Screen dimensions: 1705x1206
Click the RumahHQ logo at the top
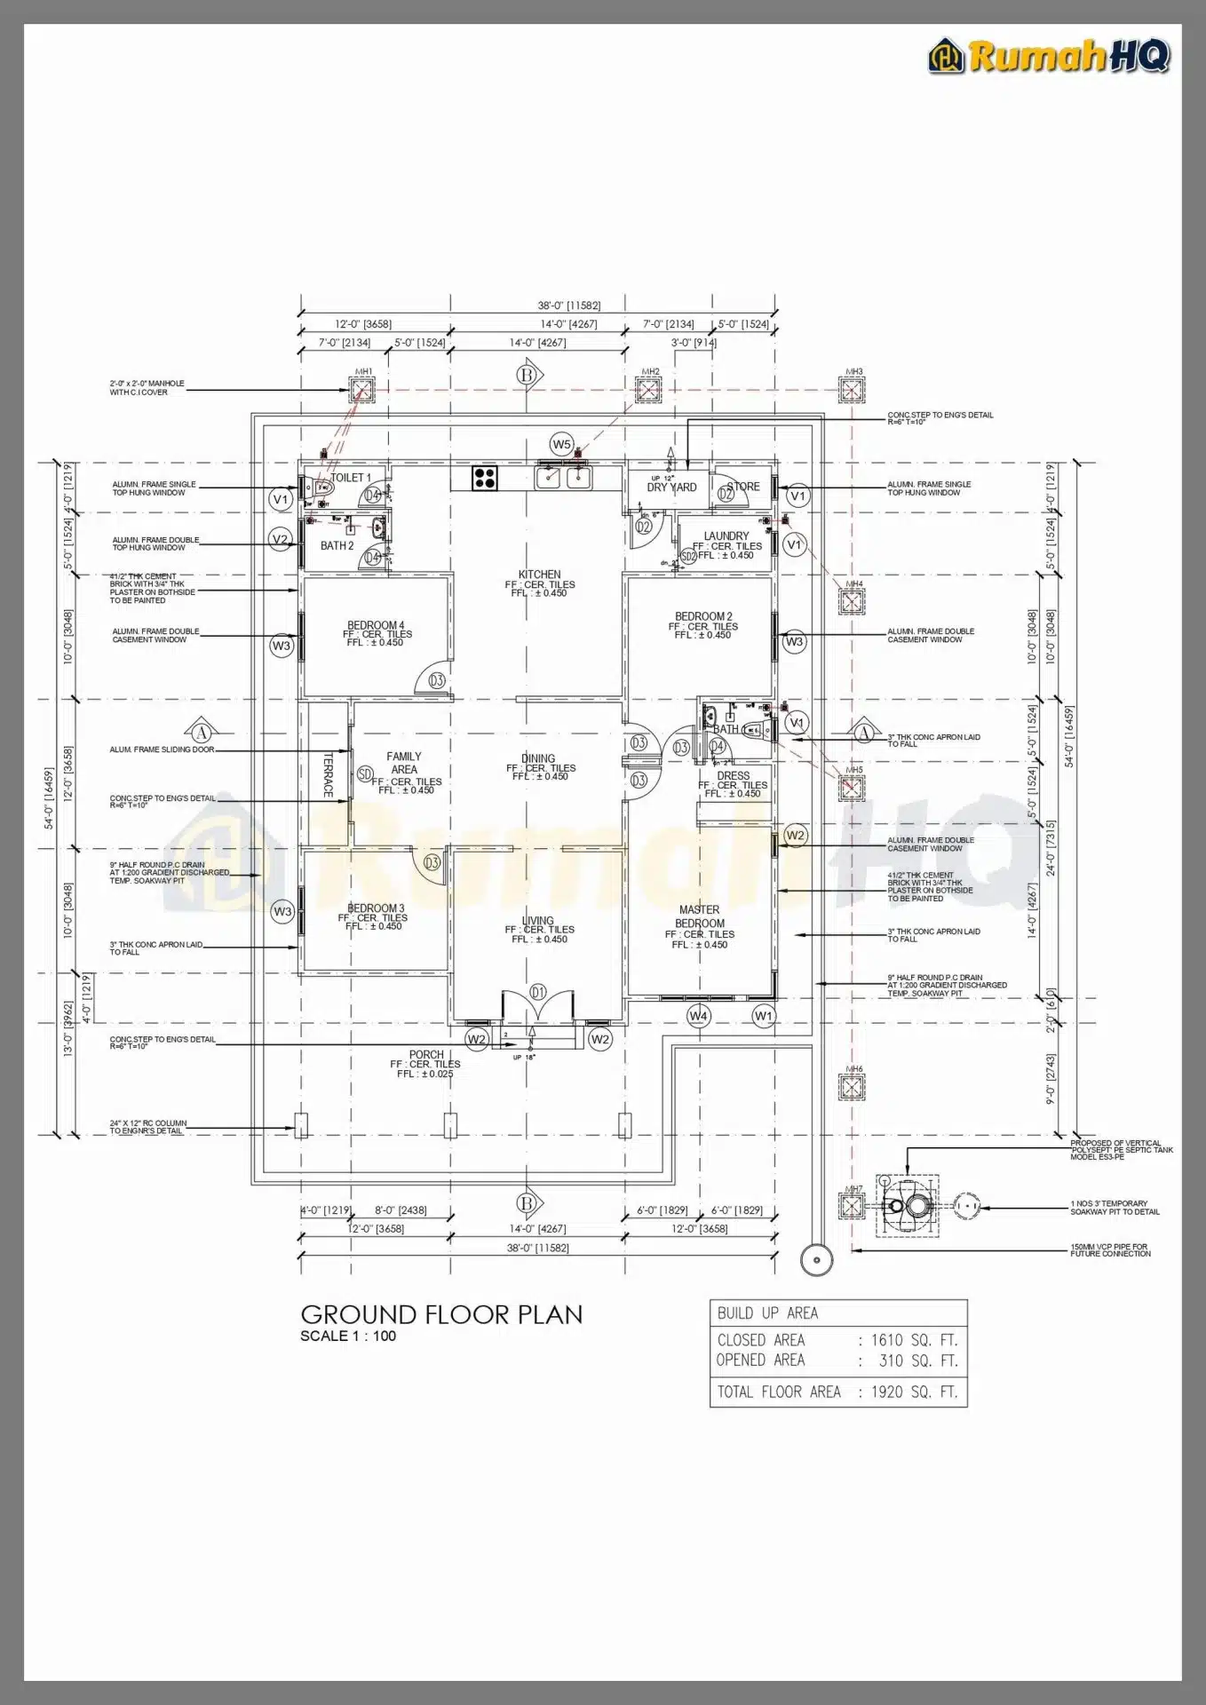(x=1050, y=56)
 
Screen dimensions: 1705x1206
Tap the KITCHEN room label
(x=539, y=575)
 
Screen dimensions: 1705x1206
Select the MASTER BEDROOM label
(x=700, y=916)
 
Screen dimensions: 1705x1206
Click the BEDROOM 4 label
(x=375, y=625)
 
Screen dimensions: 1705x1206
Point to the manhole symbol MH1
(x=362, y=389)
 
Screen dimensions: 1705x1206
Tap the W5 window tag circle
(x=561, y=444)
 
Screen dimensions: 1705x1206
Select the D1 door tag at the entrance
(x=537, y=991)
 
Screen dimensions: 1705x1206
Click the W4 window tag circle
(x=699, y=1015)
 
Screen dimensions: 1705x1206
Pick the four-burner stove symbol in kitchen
(x=485, y=478)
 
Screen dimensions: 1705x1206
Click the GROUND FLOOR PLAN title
(x=441, y=1314)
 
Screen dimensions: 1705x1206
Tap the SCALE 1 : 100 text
(x=348, y=1336)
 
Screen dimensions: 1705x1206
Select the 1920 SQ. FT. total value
(x=914, y=1392)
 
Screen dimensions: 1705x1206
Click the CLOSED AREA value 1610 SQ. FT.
(x=914, y=1340)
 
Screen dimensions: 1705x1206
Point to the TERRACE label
(x=328, y=775)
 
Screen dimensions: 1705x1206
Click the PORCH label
(x=426, y=1054)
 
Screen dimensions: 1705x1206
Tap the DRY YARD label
(x=671, y=488)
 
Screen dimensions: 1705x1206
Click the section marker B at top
(x=527, y=376)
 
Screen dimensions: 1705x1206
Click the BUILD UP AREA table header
(x=767, y=1312)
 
